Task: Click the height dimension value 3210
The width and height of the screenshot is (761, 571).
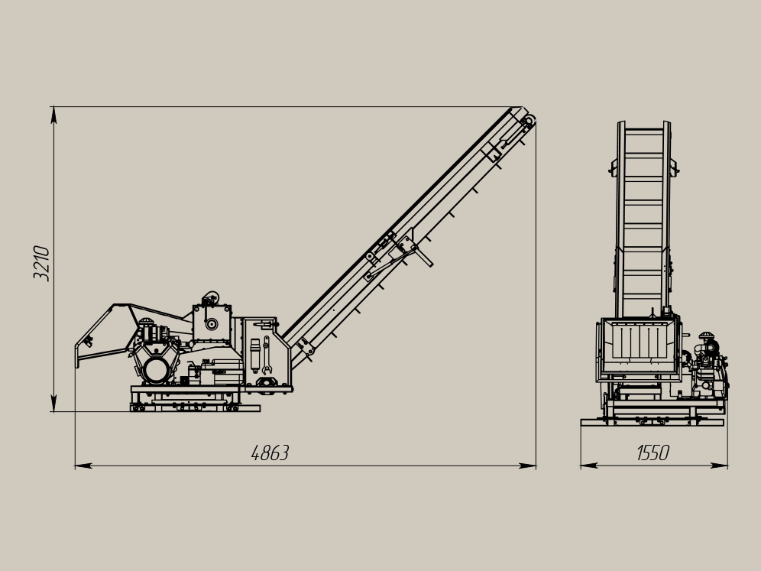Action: (41, 263)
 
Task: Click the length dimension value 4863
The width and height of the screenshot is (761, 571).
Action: (270, 453)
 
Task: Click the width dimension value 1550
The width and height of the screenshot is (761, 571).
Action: (653, 453)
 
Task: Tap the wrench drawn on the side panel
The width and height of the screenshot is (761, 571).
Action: (266, 355)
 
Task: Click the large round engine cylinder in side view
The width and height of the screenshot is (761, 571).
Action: (157, 371)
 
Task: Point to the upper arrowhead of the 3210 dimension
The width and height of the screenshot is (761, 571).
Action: (53, 115)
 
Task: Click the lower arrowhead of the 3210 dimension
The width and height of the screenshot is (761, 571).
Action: (53, 403)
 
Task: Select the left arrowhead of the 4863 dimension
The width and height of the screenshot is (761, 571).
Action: (83, 466)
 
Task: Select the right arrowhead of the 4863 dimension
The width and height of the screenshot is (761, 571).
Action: (527, 466)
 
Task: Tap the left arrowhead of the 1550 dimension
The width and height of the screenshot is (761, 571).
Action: (589, 466)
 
